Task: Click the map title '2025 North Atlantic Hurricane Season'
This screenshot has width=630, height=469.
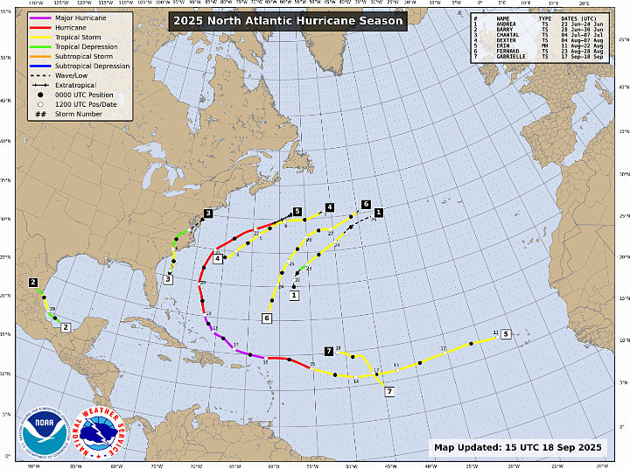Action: (x=288, y=20)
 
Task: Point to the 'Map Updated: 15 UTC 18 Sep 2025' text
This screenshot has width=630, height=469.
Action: (x=518, y=447)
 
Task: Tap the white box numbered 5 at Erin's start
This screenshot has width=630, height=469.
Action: (x=507, y=333)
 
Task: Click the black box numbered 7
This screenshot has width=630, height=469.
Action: (x=329, y=351)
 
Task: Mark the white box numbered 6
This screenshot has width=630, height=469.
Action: (x=267, y=318)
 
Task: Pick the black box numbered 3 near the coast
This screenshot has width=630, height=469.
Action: (x=208, y=213)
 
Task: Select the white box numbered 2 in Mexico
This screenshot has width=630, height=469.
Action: (x=66, y=326)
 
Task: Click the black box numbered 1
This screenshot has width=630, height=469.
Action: (x=379, y=212)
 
